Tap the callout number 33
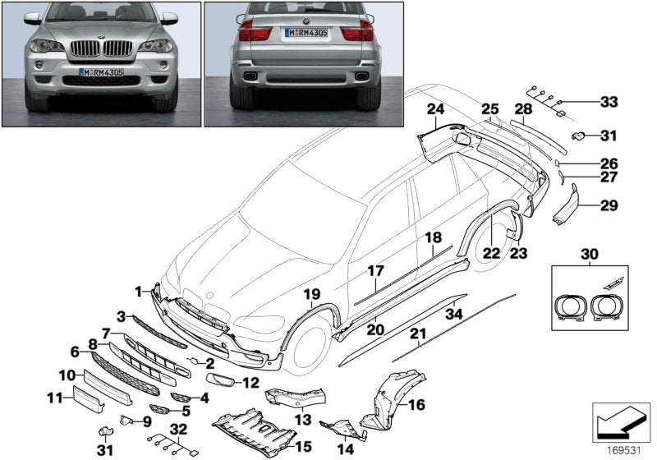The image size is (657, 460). [x=608, y=102]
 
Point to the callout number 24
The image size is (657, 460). [x=434, y=109]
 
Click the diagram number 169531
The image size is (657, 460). [x=622, y=449]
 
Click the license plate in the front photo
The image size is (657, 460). [x=103, y=72]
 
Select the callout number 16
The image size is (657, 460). [x=416, y=405]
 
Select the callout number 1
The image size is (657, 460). [x=140, y=290]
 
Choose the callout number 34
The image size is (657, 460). [x=453, y=313]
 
